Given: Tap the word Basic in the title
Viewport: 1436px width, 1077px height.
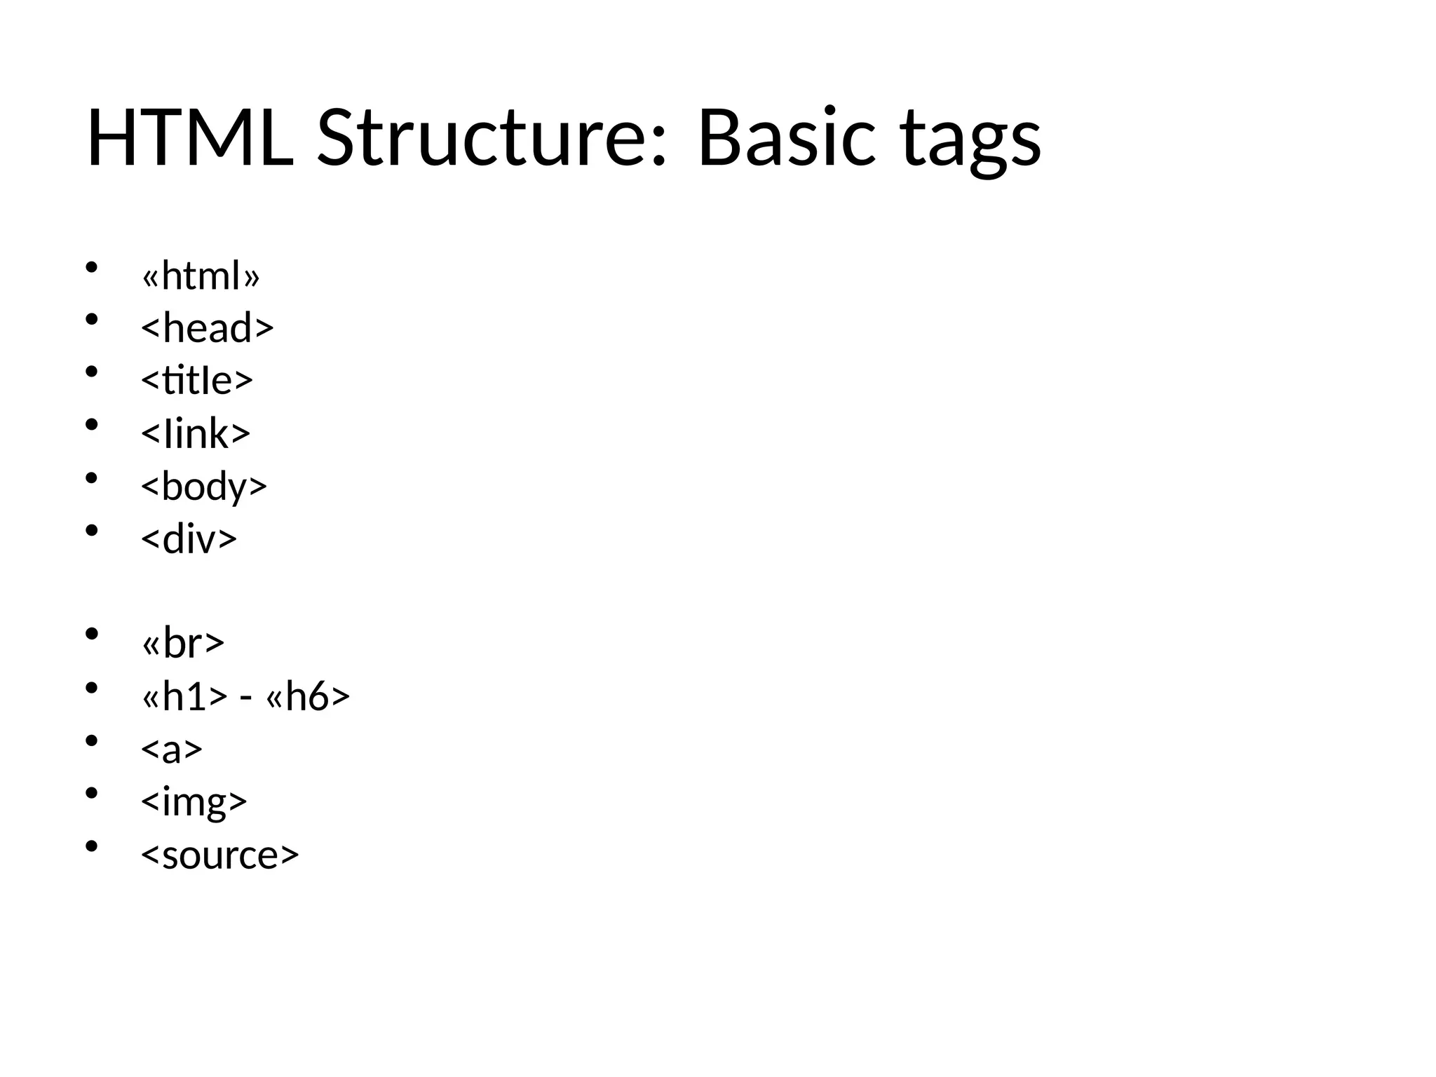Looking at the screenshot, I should (786, 138).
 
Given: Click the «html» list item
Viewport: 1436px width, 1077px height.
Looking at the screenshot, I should (201, 276).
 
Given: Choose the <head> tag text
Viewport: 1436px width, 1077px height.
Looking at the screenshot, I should (207, 328).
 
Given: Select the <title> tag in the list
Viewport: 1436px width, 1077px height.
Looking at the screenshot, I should (196, 380).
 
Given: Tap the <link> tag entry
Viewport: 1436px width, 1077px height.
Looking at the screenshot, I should (196, 433).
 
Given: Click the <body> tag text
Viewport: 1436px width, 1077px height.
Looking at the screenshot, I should (204, 487).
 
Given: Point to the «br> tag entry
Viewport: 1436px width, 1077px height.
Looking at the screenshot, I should (183, 642).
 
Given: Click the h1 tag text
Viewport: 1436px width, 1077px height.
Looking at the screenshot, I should (184, 696).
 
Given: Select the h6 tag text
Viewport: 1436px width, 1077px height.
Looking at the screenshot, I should (308, 696).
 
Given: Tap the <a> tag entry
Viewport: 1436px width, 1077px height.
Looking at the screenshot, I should (172, 749).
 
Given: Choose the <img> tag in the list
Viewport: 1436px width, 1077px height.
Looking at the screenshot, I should (194, 801).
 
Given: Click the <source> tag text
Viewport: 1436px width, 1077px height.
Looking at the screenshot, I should (220, 855).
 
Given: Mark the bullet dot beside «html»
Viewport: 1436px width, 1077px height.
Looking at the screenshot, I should (90, 267).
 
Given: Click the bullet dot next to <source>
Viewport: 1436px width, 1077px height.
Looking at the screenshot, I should (90, 846).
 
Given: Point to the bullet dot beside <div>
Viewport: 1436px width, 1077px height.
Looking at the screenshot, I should (90, 531).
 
